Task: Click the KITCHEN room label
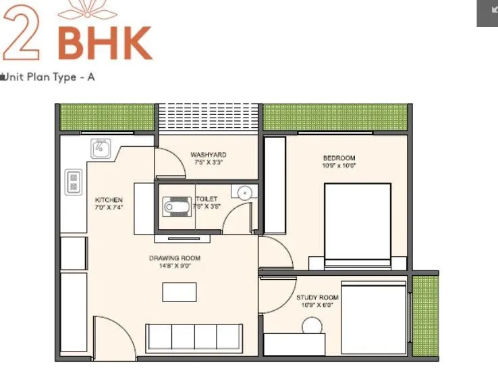coord(109,200)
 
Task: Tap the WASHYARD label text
coord(207,155)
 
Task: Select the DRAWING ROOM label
coord(175,258)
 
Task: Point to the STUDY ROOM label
coord(316,297)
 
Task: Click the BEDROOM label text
coord(339,158)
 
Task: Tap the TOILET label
coord(206,199)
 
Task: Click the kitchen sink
coord(101,147)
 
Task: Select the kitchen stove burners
coord(74,181)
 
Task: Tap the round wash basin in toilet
coord(244,193)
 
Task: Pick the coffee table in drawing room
coord(179,292)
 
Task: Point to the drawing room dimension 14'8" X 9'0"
coord(175,266)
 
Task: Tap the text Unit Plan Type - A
coord(49,77)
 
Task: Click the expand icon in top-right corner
coord(487,13)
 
